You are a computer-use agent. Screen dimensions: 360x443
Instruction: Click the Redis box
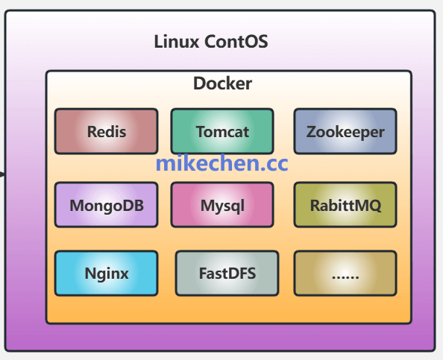(x=106, y=131)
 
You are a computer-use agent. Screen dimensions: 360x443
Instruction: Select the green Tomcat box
(x=222, y=131)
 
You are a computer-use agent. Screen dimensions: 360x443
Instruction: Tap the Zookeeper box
(x=345, y=131)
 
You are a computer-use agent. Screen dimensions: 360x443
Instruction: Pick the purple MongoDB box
(x=106, y=205)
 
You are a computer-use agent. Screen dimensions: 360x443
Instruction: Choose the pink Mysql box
(x=222, y=205)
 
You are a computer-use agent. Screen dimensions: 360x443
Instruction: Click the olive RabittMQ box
(x=345, y=205)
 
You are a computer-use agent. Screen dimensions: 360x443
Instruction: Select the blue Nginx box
(x=106, y=273)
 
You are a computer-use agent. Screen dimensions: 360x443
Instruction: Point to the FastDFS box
(x=227, y=273)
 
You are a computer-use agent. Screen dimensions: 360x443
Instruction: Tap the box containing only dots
(x=345, y=273)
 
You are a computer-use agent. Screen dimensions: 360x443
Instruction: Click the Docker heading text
(x=222, y=83)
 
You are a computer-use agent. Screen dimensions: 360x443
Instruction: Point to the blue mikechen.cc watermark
(x=221, y=164)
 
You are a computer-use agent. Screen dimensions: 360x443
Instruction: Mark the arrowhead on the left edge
(x=2, y=174)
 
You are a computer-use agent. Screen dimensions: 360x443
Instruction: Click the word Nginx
(x=106, y=274)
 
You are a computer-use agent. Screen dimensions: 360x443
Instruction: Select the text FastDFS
(x=227, y=274)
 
